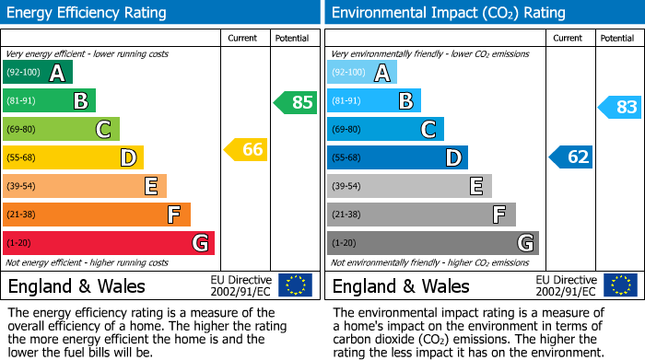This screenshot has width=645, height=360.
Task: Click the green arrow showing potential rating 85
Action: [296, 102]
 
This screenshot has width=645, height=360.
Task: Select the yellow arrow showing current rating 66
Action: [247, 149]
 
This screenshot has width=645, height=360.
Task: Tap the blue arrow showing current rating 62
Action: [571, 157]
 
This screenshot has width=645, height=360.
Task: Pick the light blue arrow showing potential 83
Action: [619, 108]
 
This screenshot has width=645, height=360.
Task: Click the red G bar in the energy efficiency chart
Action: [109, 243]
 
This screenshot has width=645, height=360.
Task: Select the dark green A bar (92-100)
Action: [38, 73]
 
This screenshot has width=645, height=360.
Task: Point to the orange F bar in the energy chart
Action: [97, 215]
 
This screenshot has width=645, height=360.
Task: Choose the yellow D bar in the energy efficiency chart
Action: [73, 157]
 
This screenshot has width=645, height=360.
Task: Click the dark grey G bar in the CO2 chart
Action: [432, 243]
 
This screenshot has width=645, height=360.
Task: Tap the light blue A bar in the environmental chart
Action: [362, 73]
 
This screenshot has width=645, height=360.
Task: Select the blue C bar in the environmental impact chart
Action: [385, 129]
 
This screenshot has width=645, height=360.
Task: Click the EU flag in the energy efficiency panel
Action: [295, 285]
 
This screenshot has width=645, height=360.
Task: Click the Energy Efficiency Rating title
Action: [88, 13]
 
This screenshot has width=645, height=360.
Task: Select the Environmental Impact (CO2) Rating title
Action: [448, 13]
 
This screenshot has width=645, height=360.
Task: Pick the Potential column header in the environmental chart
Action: [617, 38]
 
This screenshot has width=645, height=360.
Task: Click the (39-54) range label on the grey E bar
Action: [347, 187]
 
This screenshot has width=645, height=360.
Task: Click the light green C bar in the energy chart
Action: [61, 129]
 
